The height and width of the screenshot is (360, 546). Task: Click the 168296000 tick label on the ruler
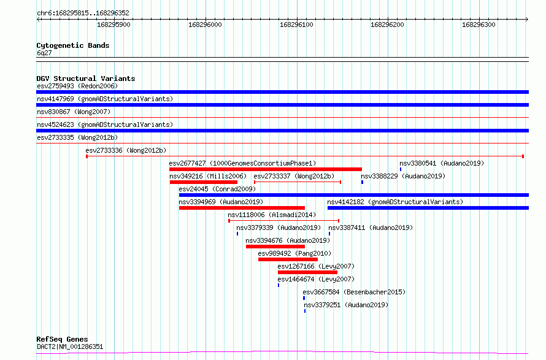[x=205, y=25]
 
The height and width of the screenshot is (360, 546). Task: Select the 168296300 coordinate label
[x=479, y=25]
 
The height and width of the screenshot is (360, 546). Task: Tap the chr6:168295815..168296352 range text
[x=83, y=13]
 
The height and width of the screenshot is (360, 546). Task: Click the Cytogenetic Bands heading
[x=73, y=45]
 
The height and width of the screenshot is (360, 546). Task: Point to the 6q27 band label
[x=44, y=53]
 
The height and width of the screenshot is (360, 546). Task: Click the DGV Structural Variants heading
[x=86, y=79]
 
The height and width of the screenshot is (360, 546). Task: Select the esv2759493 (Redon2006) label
[x=77, y=86]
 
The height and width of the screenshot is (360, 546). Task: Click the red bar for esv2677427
[x=266, y=169]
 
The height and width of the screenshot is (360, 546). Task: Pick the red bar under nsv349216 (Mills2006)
[x=203, y=182]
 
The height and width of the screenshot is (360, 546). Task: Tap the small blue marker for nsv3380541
[x=401, y=169]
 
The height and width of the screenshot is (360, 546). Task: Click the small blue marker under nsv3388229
[x=362, y=182]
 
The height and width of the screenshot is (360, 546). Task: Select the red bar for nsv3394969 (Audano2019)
[x=242, y=208]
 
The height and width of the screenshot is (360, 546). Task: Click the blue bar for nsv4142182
[x=428, y=208]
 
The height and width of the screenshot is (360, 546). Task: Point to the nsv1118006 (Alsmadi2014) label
[x=272, y=215]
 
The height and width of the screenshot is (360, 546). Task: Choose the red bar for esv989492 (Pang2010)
[x=288, y=259]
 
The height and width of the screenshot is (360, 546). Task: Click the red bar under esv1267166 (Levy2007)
[x=307, y=272]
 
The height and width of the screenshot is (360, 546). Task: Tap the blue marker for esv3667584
[x=304, y=298]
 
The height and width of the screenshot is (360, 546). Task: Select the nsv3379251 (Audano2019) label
[x=346, y=305]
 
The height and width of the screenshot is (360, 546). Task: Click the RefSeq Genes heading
[x=62, y=339]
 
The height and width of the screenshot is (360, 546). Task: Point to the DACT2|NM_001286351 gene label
[x=70, y=347]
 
